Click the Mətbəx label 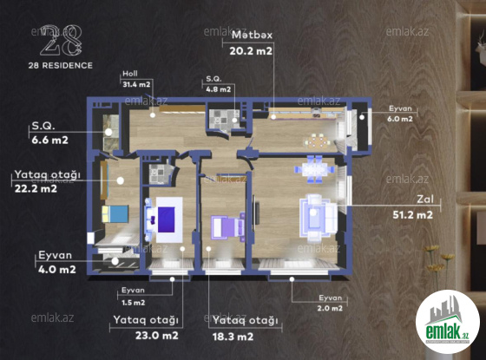pos(252,35)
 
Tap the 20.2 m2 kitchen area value pos(251,51)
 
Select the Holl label pos(130,74)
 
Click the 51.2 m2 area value pos(412,215)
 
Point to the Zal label pos(425,199)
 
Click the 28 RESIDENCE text pos(61,65)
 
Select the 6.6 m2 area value pos(50,140)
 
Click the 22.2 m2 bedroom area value pos(36,189)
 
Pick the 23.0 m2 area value pos(157,336)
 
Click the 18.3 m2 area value pos(233,337)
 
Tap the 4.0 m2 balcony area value pos(57,269)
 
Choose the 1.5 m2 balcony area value pos(134,303)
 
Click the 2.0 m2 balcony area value pos(330,308)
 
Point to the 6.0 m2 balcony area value pos(400,119)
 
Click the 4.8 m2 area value pos(219,89)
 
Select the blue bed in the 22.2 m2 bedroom pos(115,213)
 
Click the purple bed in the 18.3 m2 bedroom pos(228,227)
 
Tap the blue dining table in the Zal pos(314,169)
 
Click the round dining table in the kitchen pos(318,142)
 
